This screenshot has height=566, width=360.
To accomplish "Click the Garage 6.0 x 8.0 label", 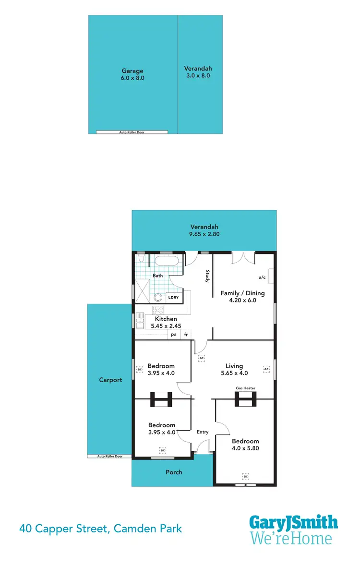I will pyautogui.click(x=132, y=74).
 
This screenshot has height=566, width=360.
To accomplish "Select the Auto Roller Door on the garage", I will pyautogui.click(x=132, y=132).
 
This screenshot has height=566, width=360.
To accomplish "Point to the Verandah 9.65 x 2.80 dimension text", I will pyautogui.click(x=204, y=234).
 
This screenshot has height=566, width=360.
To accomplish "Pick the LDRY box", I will pyautogui.click(x=173, y=298).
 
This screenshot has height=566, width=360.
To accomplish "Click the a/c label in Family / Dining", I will pyautogui.click(x=262, y=277).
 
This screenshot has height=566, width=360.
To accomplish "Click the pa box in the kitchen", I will pyautogui.click(x=173, y=335).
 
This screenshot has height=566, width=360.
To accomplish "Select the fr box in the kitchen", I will pyautogui.click(x=185, y=335).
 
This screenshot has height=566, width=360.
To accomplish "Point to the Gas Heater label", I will pyautogui.click(x=245, y=388).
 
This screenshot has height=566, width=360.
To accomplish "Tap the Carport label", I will pyautogui.click(x=110, y=380).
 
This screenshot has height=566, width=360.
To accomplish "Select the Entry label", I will pyautogui.click(x=203, y=432).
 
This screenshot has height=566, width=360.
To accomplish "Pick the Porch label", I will pyautogui.click(x=174, y=472).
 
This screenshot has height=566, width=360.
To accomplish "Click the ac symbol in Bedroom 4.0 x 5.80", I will pyautogui.click(x=245, y=476).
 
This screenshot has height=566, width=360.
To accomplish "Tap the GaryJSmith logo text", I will pyautogui.click(x=293, y=522).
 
